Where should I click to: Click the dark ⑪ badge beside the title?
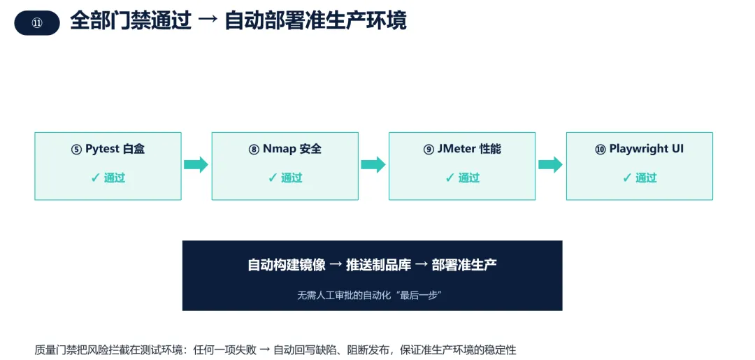37,23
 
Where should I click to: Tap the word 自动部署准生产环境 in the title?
315,21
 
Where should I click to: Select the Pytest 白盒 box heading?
108,149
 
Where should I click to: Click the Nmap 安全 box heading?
285,149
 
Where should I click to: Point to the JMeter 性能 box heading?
462,149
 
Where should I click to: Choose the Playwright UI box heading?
640,149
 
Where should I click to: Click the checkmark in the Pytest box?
95,178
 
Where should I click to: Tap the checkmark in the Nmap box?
273,178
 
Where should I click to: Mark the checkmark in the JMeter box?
450,178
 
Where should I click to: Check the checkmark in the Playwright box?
627,178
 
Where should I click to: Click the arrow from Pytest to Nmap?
196,164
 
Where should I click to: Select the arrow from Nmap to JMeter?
373,164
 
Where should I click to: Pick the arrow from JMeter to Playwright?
550,164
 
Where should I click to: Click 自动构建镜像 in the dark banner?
287,265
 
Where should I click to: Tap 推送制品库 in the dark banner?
378,265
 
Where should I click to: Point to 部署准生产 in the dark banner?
464,265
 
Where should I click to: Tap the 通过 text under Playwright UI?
646,178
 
